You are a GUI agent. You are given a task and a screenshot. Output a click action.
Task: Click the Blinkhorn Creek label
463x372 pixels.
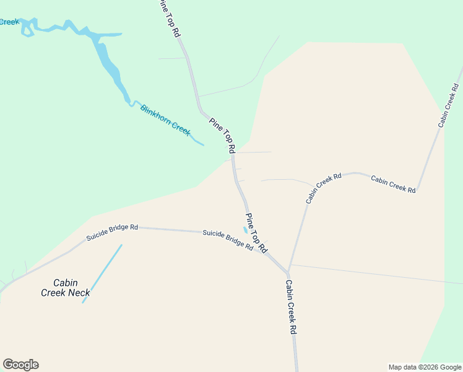click(x=165, y=120)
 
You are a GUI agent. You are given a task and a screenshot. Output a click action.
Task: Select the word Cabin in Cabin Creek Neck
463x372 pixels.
click(x=65, y=283)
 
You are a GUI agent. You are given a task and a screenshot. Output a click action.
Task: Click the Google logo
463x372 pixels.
click(x=20, y=365)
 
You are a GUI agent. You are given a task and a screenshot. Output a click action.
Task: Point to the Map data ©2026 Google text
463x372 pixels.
click(x=425, y=367)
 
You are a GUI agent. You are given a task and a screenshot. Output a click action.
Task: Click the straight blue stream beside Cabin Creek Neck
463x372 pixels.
click(x=103, y=273)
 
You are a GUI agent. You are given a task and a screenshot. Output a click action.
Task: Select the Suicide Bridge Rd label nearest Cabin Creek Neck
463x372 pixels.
click(x=112, y=231)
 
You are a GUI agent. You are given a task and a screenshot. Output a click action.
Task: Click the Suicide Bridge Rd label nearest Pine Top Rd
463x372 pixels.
click(x=228, y=239)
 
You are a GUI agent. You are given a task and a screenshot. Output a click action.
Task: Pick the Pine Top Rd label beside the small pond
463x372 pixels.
click(x=256, y=233)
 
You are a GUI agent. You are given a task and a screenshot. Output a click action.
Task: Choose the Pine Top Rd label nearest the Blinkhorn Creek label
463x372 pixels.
click(x=222, y=135)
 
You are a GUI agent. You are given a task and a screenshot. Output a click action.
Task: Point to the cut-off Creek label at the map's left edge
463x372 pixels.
click(x=9, y=22)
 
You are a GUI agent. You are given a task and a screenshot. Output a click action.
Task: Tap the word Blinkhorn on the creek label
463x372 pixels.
click(x=155, y=115)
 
